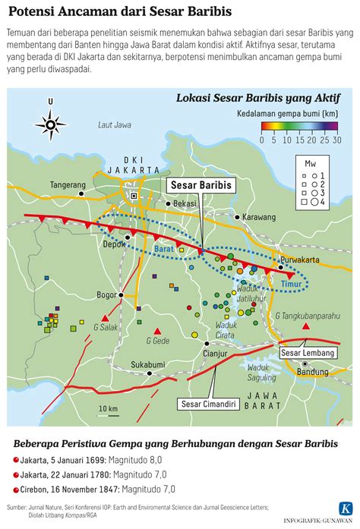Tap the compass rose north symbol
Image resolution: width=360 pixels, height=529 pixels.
click(51, 121)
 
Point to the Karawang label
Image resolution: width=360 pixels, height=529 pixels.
click(257, 217)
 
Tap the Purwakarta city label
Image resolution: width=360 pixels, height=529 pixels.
click(298, 258)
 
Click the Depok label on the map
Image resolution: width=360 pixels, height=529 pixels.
click(113, 244)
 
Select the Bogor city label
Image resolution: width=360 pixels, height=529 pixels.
click(106, 295)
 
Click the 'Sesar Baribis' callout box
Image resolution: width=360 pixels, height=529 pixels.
click(201, 184)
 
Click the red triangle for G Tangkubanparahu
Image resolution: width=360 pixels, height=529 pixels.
click(306, 326)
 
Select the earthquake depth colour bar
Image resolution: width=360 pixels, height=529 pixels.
click(298, 128)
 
